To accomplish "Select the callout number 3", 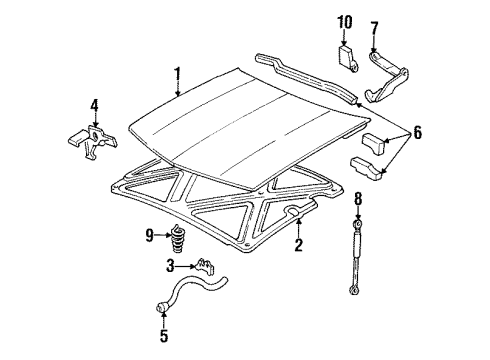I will (x=171, y=266).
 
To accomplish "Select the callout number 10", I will (x=345, y=21).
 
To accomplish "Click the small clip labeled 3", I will (x=209, y=267).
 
